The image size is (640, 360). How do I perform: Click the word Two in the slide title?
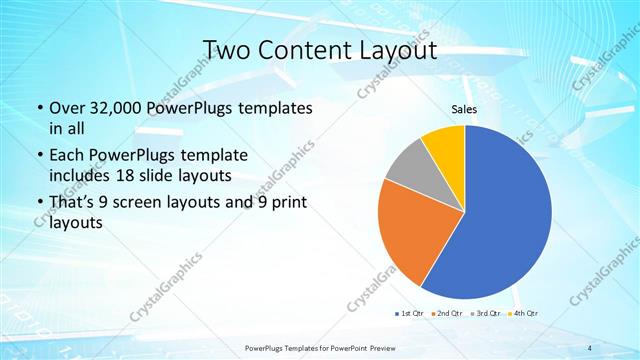tap(226, 50)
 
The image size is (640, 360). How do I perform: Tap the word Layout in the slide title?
tap(394, 50)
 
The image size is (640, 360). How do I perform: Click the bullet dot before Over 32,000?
tap(38, 108)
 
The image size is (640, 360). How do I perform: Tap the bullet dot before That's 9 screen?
tap(38, 203)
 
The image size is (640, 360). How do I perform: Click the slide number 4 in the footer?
tap(590, 347)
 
